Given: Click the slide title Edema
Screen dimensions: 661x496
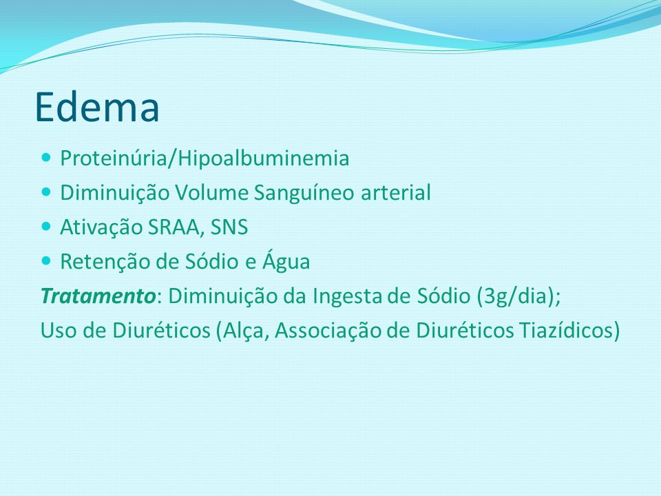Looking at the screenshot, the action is click(97, 107).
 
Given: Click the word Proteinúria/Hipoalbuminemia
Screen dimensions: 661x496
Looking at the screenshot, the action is click(204, 158).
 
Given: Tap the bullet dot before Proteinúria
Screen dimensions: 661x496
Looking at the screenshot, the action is click(46, 158).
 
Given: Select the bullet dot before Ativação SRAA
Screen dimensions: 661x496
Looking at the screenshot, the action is click(46, 227).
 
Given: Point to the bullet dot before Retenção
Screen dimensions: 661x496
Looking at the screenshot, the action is click(46, 261).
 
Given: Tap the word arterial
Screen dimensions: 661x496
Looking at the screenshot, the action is click(395, 193).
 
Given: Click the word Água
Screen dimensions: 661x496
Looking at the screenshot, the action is click(286, 261).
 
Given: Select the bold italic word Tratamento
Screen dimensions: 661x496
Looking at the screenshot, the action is click(98, 296).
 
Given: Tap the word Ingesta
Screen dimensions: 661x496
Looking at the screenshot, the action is click(347, 297).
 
